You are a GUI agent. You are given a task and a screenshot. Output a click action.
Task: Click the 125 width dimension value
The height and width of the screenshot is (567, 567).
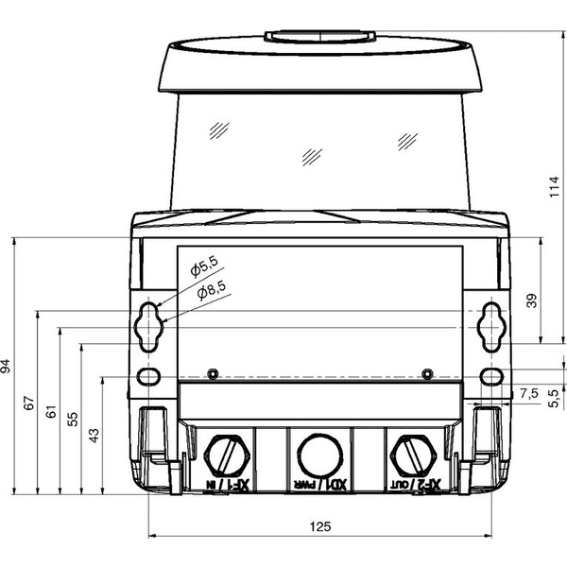pyautogui.click(x=320, y=526)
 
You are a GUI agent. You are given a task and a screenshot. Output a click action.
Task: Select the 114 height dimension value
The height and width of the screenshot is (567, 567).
pyautogui.click(x=554, y=186)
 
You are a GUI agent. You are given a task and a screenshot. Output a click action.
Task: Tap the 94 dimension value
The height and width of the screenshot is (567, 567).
pyautogui.click(x=6, y=366)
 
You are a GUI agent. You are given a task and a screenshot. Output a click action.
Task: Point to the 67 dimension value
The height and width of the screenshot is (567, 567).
pyautogui.click(x=29, y=403)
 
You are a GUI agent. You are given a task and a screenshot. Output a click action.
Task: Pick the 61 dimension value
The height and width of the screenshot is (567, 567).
pyautogui.click(x=51, y=411)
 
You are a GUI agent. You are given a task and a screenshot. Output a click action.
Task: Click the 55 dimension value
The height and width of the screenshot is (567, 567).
pyautogui.click(x=73, y=419)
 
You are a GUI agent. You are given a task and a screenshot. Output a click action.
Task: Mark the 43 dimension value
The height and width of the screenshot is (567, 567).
pyautogui.click(x=94, y=436)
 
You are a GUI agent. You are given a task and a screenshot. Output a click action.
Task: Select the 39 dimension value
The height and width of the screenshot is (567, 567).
pyautogui.click(x=531, y=301)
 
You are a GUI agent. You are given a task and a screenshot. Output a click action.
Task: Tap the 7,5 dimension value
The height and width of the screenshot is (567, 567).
pyautogui.click(x=529, y=393)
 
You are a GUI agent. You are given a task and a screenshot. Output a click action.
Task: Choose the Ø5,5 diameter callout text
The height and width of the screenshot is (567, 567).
pyautogui.click(x=204, y=267)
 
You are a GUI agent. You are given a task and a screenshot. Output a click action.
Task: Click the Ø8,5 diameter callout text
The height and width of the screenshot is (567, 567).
pyautogui.click(x=212, y=290)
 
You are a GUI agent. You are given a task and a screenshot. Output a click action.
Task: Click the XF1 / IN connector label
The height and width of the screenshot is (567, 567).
pyautogui.click(x=228, y=484)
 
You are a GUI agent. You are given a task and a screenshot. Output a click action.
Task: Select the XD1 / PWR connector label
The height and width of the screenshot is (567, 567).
pyautogui.click(x=320, y=485)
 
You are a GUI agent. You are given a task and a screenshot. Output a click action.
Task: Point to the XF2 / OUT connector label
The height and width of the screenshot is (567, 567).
pyautogui.click(x=415, y=484)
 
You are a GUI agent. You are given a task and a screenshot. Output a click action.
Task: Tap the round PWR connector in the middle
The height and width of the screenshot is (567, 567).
pyautogui.click(x=319, y=455)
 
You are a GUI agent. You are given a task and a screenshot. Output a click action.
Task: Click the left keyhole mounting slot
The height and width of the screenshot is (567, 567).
pyautogui.click(x=148, y=327)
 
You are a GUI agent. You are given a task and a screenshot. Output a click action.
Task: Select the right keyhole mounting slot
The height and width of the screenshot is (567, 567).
pyautogui.click(x=491, y=327)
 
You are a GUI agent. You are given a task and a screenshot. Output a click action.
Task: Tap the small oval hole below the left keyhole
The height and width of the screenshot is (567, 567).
pyautogui.click(x=148, y=376)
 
